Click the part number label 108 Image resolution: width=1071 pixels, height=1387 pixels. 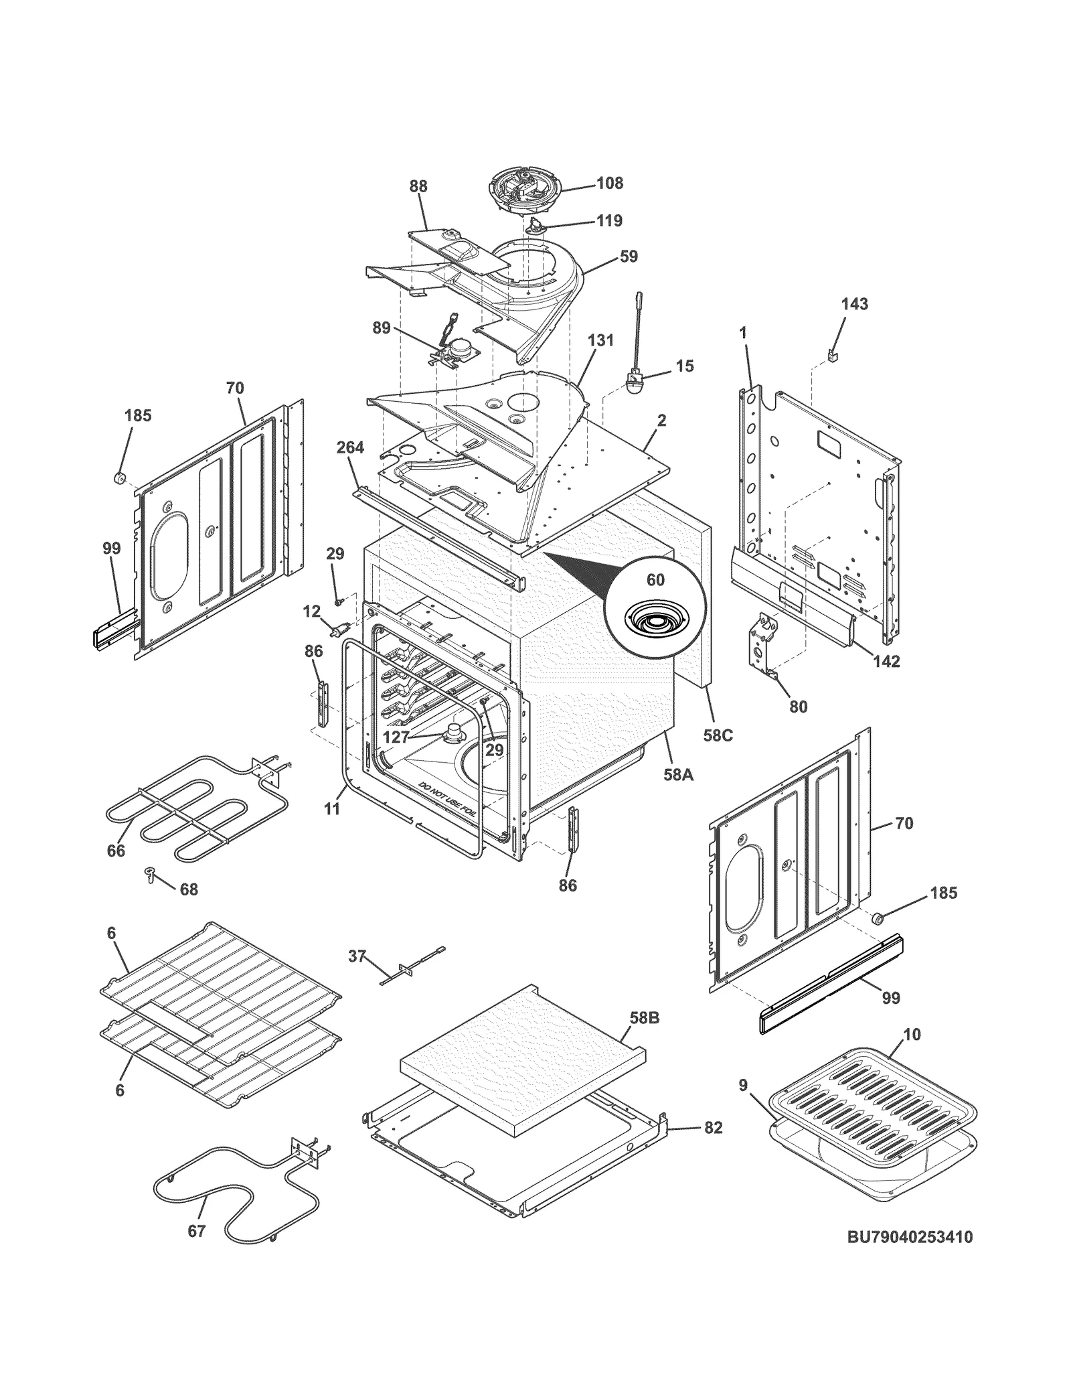609,183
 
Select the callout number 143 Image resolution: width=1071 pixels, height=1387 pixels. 855,304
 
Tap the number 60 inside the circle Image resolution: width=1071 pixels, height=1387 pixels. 655,579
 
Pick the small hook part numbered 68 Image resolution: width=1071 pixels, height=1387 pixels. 150,874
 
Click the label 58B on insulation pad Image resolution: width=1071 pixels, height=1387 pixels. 644,1019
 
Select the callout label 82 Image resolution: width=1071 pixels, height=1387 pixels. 713,1128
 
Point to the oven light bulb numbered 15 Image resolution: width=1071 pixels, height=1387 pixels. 635,385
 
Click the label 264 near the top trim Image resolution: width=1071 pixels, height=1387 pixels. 350,447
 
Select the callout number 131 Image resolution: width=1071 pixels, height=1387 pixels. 600,340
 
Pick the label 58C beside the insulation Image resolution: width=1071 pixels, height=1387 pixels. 718,735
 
